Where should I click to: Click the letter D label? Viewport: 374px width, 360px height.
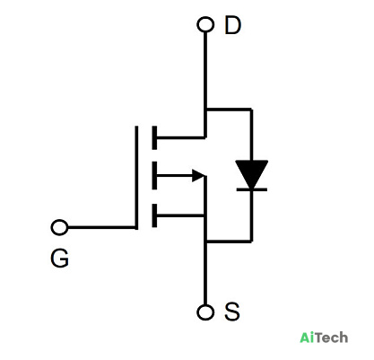[x=232, y=25]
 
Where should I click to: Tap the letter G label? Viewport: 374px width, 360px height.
[x=60, y=259]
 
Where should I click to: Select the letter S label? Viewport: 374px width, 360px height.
[x=232, y=312]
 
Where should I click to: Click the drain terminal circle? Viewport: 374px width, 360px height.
[x=205, y=24]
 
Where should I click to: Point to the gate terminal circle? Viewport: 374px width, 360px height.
[x=59, y=227]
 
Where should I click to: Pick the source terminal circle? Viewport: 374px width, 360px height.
[x=205, y=312]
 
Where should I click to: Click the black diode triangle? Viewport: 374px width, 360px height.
[x=251, y=173]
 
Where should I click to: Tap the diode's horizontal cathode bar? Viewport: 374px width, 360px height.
[x=252, y=189]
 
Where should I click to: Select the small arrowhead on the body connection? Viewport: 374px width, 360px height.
[x=198, y=175]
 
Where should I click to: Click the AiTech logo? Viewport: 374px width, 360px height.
[x=324, y=338]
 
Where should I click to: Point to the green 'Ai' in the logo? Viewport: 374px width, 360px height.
[x=307, y=338]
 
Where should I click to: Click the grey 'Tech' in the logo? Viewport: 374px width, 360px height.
[x=331, y=338]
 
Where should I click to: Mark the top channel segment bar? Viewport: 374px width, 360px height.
[x=154, y=137]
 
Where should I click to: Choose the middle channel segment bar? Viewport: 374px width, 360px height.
[x=154, y=175]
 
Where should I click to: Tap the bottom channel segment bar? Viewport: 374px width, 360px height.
[x=154, y=215]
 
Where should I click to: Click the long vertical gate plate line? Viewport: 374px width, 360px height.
[x=136, y=178]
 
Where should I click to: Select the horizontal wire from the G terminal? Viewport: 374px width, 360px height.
[x=101, y=227]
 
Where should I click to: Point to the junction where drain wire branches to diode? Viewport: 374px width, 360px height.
[x=205, y=110]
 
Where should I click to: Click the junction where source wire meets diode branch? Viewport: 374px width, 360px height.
[x=205, y=241]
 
